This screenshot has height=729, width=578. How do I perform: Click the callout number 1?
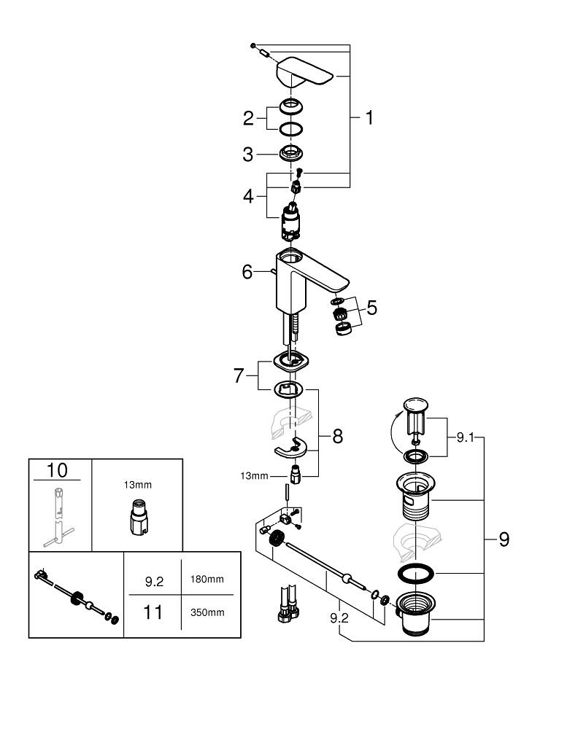(369, 117)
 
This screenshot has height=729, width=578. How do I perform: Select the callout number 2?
(248, 117)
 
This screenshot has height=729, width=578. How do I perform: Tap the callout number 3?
(248, 155)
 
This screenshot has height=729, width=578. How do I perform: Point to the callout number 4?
(248, 196)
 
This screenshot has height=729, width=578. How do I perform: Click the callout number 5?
(371, 308)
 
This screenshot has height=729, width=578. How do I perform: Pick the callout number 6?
(247, 272)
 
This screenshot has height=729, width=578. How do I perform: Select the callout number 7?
(239, 376)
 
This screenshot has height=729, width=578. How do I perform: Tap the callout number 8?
(336, 436)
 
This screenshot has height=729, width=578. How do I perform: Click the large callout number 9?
(504, 539)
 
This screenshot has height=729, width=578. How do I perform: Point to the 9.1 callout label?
(465, 437)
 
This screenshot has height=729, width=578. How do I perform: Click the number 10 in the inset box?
(56, 470)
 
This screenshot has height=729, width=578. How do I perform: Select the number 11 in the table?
(153, 612)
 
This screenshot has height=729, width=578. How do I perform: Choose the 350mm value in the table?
(207, 612)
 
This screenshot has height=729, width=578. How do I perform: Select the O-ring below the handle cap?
(292, 128)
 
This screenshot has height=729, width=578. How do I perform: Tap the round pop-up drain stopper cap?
(416, 402)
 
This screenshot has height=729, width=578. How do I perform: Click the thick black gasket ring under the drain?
(416, 573)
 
